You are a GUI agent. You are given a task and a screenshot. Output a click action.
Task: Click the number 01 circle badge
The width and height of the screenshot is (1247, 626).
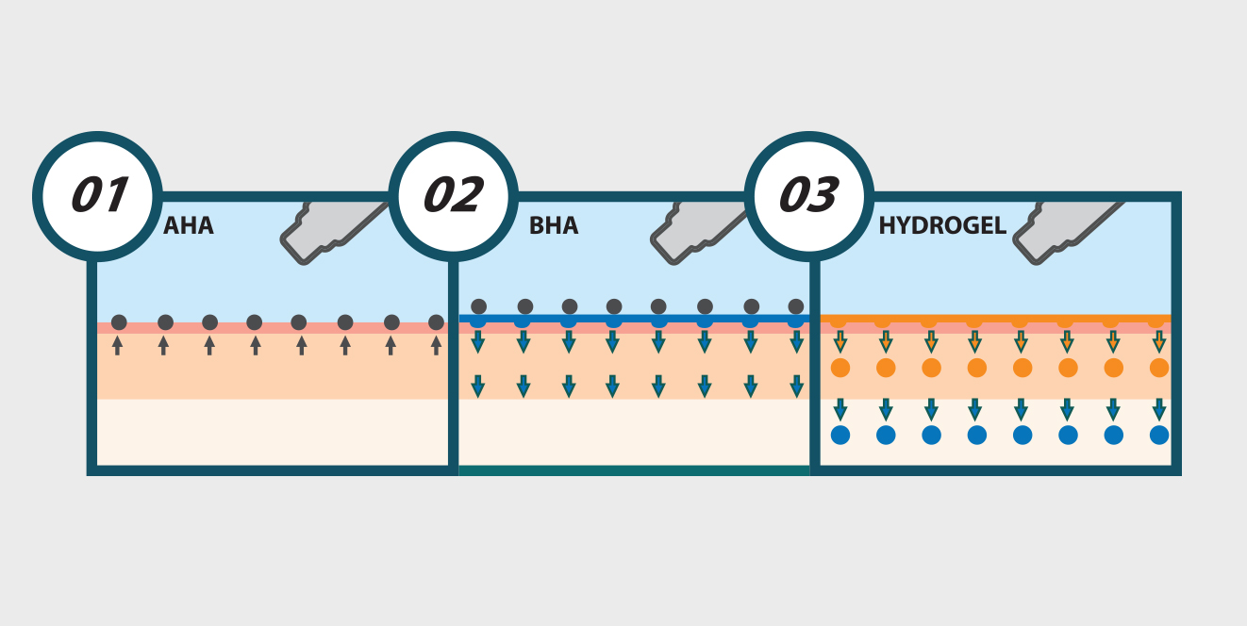coord(97,196)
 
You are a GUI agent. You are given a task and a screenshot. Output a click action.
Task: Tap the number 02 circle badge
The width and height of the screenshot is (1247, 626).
coord(453,196)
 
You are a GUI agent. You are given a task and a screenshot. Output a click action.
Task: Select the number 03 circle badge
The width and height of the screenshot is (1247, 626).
coord(808,196)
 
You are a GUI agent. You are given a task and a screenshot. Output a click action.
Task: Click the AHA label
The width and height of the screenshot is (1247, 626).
coord(189,226)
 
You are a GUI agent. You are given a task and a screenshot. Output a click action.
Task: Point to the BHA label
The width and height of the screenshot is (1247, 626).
coord(554,226)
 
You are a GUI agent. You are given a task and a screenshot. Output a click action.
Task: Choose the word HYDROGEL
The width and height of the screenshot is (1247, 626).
coord(942,226)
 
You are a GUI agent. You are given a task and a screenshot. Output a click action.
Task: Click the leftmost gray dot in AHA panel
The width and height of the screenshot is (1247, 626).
coord(119,322)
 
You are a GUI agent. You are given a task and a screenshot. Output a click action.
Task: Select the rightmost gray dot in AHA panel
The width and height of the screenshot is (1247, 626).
coord(436,322)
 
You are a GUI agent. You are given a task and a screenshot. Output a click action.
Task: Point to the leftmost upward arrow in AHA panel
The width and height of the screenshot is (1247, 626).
coord(117,345)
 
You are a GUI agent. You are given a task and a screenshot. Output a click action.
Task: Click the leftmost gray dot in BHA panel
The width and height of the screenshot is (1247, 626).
coord(478,306)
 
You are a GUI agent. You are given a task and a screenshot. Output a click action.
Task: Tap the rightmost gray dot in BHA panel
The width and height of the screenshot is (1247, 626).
coord(796,306)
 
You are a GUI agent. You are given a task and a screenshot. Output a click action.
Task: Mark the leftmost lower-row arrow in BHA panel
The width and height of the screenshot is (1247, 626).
coord(478,386)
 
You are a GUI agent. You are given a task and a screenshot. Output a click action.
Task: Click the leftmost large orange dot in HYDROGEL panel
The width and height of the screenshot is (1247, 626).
coord(840,368)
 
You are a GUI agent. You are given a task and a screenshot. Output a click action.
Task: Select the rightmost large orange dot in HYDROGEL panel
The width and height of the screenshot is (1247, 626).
coord(1159,368)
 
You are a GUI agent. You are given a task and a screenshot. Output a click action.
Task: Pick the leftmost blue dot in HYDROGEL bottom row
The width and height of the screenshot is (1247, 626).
coord(840,435)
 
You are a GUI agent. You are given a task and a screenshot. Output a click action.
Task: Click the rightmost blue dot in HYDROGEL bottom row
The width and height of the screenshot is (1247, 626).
coord(1159,435)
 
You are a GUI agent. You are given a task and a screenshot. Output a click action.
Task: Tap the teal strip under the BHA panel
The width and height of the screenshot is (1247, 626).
coord(634,469)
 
